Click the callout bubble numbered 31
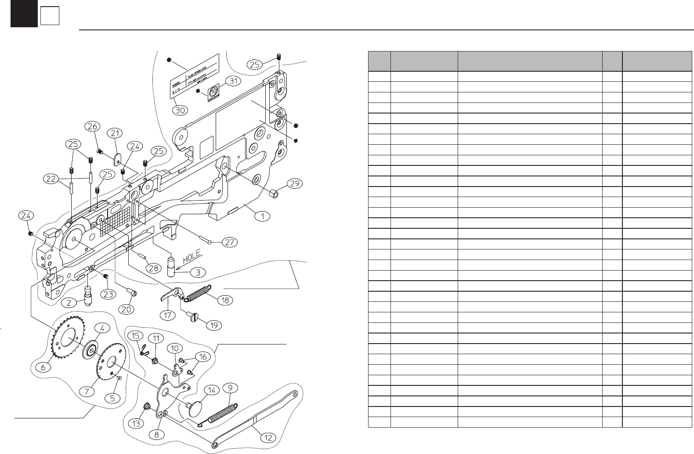click(x=233, y=81)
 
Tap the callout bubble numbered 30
click(x=180, y=110)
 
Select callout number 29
click(x=295, y=183)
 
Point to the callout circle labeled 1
click(x=263, y=216)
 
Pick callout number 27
click(x=230, y=242)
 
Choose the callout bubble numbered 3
click(x=198, y=272)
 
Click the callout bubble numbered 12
click(x=268, y=437)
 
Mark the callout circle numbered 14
click(x=212, y=390)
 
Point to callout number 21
click(x=115, y=133)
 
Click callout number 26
click(x=92, y=127)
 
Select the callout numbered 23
click(x=109, y=295)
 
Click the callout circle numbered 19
click(x=214, y=326)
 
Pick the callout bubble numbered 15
click(x=135, y=336)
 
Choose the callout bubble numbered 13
click(x=136, y=424)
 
